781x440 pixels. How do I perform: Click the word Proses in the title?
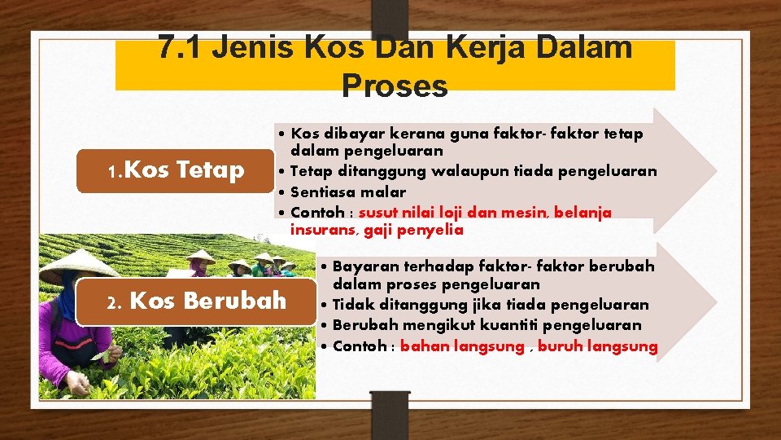coord(395,85)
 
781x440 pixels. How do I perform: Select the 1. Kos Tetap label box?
coord(175,170)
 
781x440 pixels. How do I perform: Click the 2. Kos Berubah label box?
coord(195,301)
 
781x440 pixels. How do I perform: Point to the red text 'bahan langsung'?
coord(462,346)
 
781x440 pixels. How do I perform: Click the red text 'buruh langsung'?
coord(597,346)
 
